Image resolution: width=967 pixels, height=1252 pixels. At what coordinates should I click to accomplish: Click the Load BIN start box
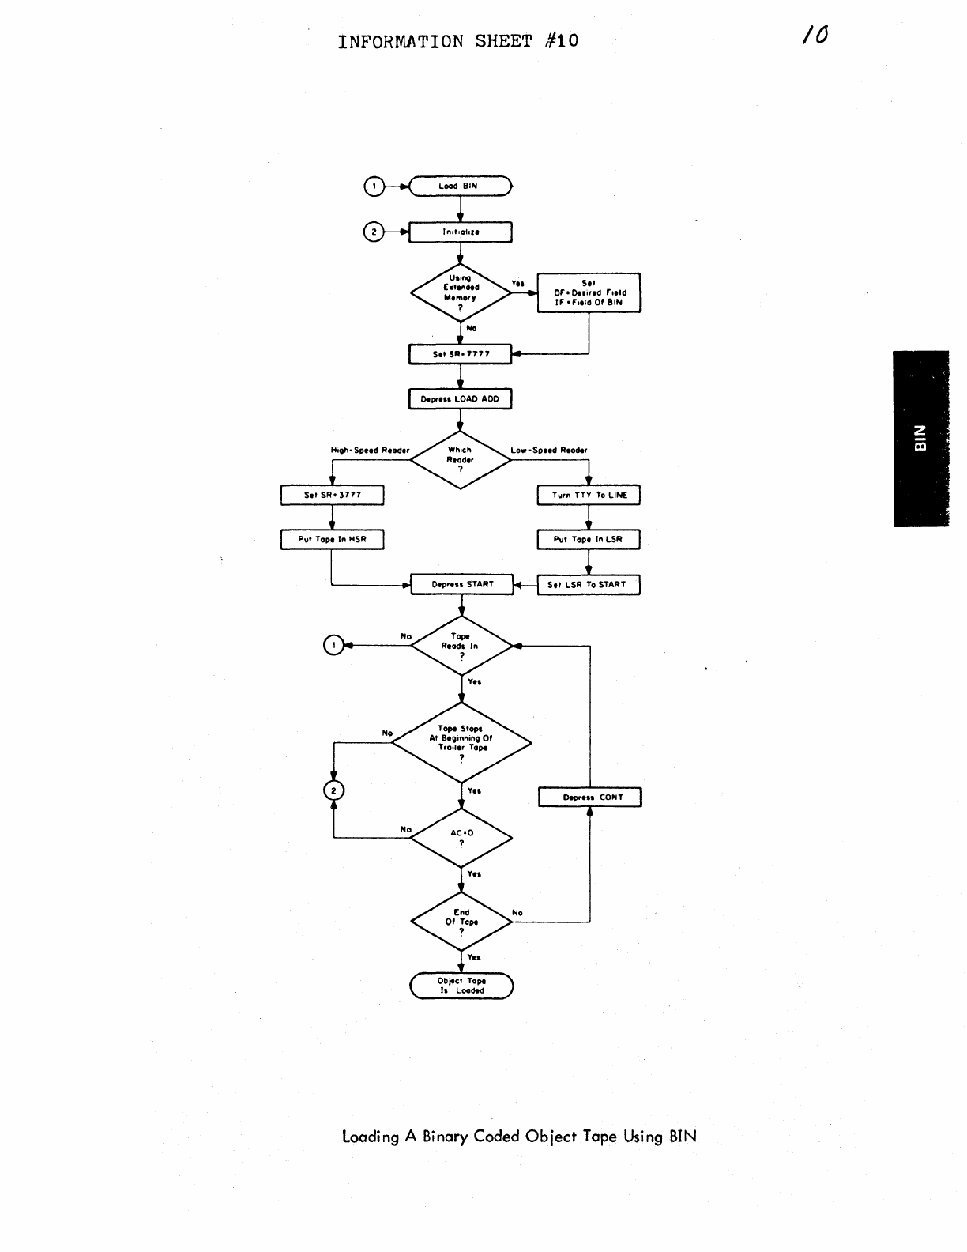click(461, 187)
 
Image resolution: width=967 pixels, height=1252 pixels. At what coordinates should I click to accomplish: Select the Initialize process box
click(461, 232)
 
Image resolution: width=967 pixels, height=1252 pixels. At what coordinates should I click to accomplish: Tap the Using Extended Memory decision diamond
click(461, 292)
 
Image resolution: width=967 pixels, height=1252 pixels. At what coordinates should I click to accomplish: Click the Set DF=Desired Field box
click(589, 292)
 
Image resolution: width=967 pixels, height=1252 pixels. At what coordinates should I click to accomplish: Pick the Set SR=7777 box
click(461, 354)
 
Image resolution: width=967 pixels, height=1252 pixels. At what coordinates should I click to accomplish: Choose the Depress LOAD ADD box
click(461, 399)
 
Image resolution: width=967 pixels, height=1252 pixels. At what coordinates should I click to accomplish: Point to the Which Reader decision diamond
click(461, 459)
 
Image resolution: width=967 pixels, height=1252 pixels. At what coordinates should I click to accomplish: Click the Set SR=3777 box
click(333, 496)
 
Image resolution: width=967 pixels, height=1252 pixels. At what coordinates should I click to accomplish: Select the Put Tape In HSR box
click(333, 540)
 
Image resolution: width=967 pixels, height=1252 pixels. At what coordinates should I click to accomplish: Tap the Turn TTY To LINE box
click(589, 496)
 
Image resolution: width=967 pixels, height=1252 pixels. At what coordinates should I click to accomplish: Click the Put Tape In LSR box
click(589, 540)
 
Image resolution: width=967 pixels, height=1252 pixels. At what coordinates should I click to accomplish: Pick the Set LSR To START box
click(589, 585)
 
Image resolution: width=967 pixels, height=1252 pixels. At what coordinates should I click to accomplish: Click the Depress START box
click(462, 585)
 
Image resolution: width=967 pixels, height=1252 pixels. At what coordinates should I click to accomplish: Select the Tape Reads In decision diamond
click(461, 646)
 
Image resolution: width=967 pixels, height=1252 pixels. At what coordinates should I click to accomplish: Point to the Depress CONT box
click(589, 798)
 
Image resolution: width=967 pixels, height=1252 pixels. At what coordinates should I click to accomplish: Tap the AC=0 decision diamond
click(461, 838)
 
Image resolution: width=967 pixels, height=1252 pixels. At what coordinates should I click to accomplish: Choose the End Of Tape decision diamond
click(461, 922)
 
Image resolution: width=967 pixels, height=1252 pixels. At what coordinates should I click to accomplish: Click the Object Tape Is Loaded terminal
click(461, 986)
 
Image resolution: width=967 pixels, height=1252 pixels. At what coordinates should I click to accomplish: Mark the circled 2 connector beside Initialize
click(373, 232)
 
